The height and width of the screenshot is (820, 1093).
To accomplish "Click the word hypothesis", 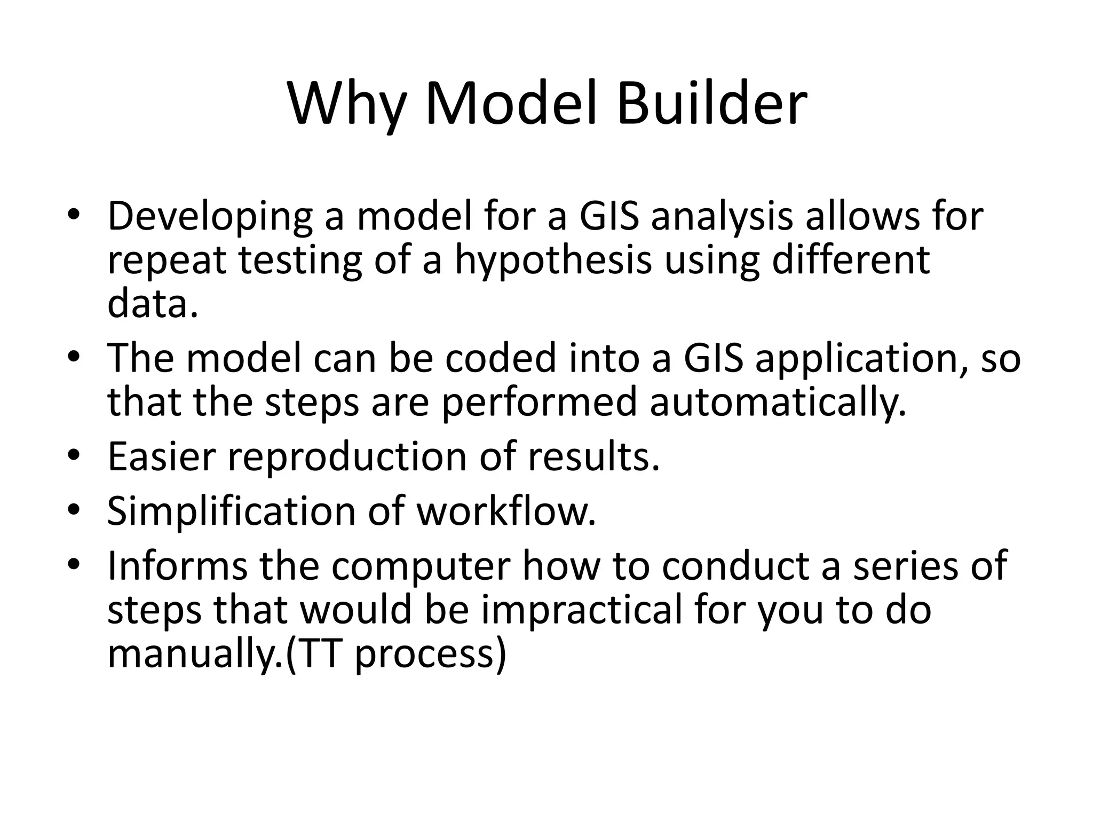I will [x=553, y=262].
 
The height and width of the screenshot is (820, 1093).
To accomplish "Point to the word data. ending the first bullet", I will [x=153, y=304].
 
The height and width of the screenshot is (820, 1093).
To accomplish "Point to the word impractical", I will [x=582, y=610].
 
